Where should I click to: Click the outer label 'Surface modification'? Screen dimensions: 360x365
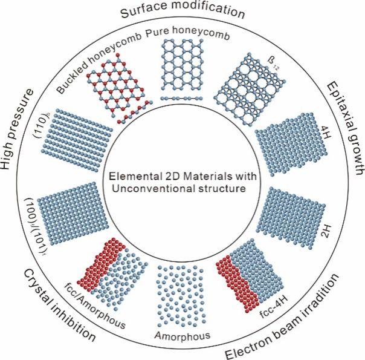coord(182,11)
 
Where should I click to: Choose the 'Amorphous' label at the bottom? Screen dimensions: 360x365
coord(182,334)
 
